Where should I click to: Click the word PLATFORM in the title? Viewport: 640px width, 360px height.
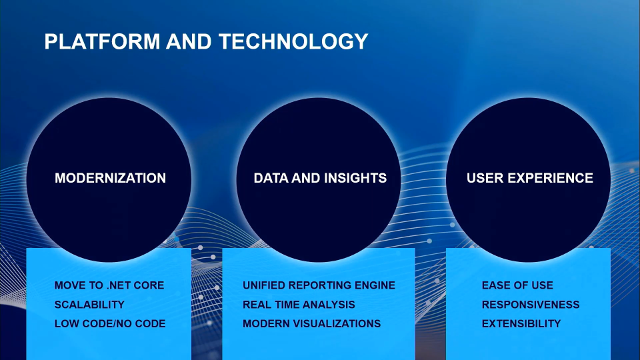click(102, 41)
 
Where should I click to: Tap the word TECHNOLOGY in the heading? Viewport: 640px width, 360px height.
click(293, 41)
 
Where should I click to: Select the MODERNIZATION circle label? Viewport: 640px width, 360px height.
click(110, 178)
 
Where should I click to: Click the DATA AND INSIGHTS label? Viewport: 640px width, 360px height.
click(320, 178)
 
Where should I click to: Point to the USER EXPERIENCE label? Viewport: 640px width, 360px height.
click(530, 178)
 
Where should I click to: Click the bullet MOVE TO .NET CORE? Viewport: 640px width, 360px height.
click(109, 285)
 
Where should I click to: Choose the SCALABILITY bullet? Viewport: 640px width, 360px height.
click(89, 305)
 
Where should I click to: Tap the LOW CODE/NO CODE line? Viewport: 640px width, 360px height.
click(110, 324)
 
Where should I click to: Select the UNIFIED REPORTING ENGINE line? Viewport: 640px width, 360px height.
click(319, 285)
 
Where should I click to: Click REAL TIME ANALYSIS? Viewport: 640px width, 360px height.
click(299, 305)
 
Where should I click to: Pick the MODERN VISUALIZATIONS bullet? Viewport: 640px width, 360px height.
click(312, 324)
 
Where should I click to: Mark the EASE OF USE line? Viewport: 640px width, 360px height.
click(517, 285)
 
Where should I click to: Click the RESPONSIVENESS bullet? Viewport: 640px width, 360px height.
click(531, 305)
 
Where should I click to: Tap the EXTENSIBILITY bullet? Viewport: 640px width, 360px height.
click(521, 324)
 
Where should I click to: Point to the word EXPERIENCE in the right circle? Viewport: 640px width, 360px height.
click(550, 178)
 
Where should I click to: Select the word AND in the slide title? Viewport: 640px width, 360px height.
click(189, 41)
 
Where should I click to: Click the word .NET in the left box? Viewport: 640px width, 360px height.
click(119, 285)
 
